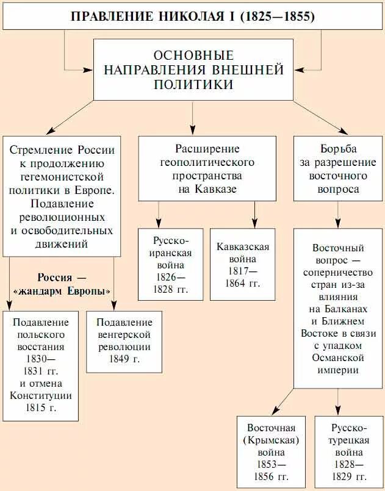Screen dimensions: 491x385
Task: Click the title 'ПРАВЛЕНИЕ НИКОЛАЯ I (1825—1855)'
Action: tap(193, 16)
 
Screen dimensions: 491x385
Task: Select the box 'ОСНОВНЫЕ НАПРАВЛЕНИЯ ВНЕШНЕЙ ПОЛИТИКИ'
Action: tap(193, 70)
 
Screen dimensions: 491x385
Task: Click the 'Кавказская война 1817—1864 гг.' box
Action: tap(243, 264)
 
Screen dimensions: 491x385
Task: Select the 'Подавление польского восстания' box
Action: tap(41, 365)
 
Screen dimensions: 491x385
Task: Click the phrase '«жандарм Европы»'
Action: tap(62, 289)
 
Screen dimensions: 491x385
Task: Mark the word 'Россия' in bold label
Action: tap(54, 276)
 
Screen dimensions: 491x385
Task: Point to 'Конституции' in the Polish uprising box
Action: tap(41, 395)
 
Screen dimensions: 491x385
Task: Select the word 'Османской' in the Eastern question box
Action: tap(338, 357)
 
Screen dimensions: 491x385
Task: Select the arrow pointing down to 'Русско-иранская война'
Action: tap(159, 214)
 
